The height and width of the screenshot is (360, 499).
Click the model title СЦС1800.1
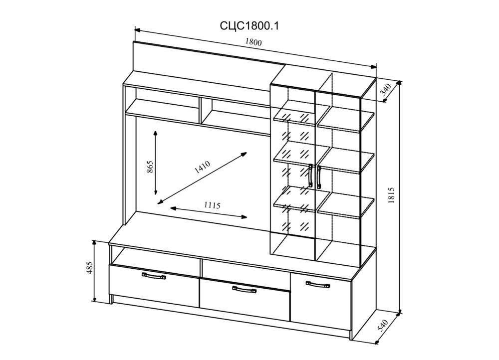(249, 26)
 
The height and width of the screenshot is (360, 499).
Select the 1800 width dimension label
(253, 43)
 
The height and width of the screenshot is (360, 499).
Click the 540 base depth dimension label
(383, 325)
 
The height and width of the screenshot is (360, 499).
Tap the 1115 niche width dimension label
(212, 205)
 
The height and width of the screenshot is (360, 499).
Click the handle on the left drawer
(154, 275)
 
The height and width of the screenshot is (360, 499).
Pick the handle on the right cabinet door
(317, 285)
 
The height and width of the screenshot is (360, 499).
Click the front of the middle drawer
(245, 302)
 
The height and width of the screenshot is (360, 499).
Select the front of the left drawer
(154, 287)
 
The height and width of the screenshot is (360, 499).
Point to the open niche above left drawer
(155, 256)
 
